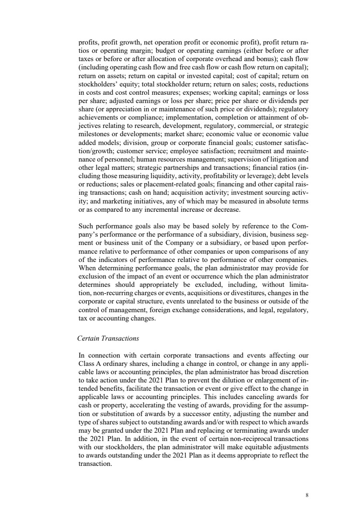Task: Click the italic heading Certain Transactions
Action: coord(108,338)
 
